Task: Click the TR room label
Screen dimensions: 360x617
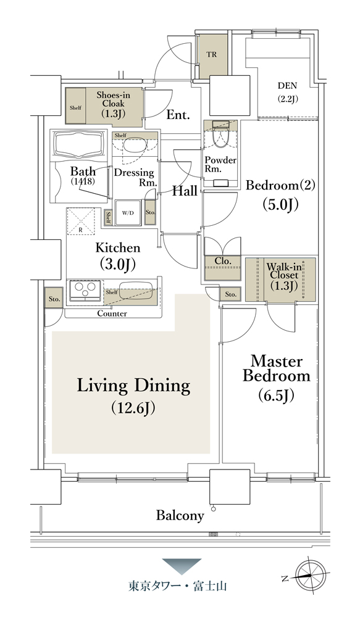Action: click(x=212, y=55)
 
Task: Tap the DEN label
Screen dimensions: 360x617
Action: click(x=287, y=85)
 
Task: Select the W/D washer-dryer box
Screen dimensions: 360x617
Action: click(x=128, y=213)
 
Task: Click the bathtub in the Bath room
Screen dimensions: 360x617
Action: click(x=80, y=144)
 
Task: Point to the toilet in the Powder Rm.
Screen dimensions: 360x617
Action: click(x=220, y=136)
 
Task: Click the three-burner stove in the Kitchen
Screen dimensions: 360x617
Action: click(x=85, y=291)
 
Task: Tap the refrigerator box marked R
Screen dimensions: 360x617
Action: click(x=81, y=222)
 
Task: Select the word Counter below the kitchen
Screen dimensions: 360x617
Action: click(x=112, y=313)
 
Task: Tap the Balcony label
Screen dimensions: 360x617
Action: click(x=180, y=515)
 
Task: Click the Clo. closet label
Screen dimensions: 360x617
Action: click(x=222, y=261)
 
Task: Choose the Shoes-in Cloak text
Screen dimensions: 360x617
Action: click(x=114, y=99)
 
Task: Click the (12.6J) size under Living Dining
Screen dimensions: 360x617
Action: click(x=133, y=408)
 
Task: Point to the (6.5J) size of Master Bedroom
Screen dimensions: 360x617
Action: click(x=276, y=395)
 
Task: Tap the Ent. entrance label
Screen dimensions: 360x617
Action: click(x=178, y=115)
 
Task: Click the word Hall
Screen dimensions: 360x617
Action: click(x=185, y=191)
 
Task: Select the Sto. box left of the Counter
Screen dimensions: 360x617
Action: click(x=54, y=299)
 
